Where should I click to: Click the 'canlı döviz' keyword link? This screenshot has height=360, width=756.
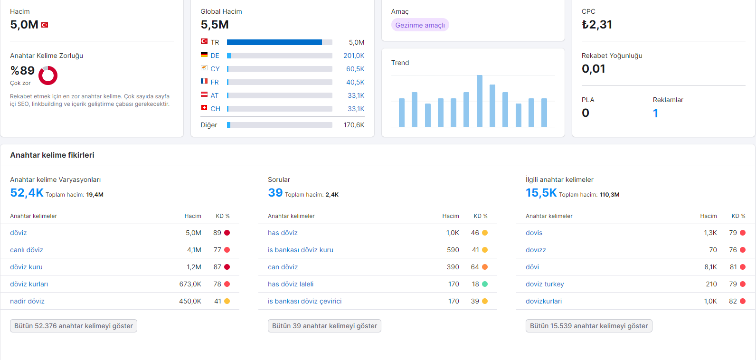(27, 250)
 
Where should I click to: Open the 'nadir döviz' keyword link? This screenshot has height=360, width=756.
(28, 301)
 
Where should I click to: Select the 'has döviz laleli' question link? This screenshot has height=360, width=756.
(291, 284)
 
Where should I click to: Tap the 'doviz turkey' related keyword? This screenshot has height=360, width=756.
(545, 284)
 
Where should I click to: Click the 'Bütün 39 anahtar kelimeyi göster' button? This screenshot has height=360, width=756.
(324, 326)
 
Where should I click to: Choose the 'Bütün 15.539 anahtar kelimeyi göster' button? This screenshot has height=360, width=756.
(589, 326)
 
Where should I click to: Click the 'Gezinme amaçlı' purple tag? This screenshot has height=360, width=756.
(420, 25)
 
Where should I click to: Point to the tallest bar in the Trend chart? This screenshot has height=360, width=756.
(480, 101)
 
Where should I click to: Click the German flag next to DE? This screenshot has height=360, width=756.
(204, 55)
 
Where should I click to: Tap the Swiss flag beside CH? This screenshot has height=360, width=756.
(204, 108)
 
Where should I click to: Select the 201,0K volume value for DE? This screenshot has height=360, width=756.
(354, 56)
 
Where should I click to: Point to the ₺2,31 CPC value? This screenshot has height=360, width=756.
(597, 25)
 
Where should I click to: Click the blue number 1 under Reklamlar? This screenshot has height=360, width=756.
(655, 114)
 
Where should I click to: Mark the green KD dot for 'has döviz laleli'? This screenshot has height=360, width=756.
(485, 284)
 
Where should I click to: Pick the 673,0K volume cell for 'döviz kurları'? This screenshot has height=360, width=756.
(190, 284)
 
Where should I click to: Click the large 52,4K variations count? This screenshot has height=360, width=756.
(27, 193)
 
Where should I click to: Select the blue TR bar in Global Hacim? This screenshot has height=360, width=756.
(274, 42)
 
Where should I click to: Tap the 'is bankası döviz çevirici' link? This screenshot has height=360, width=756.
(305, 301)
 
